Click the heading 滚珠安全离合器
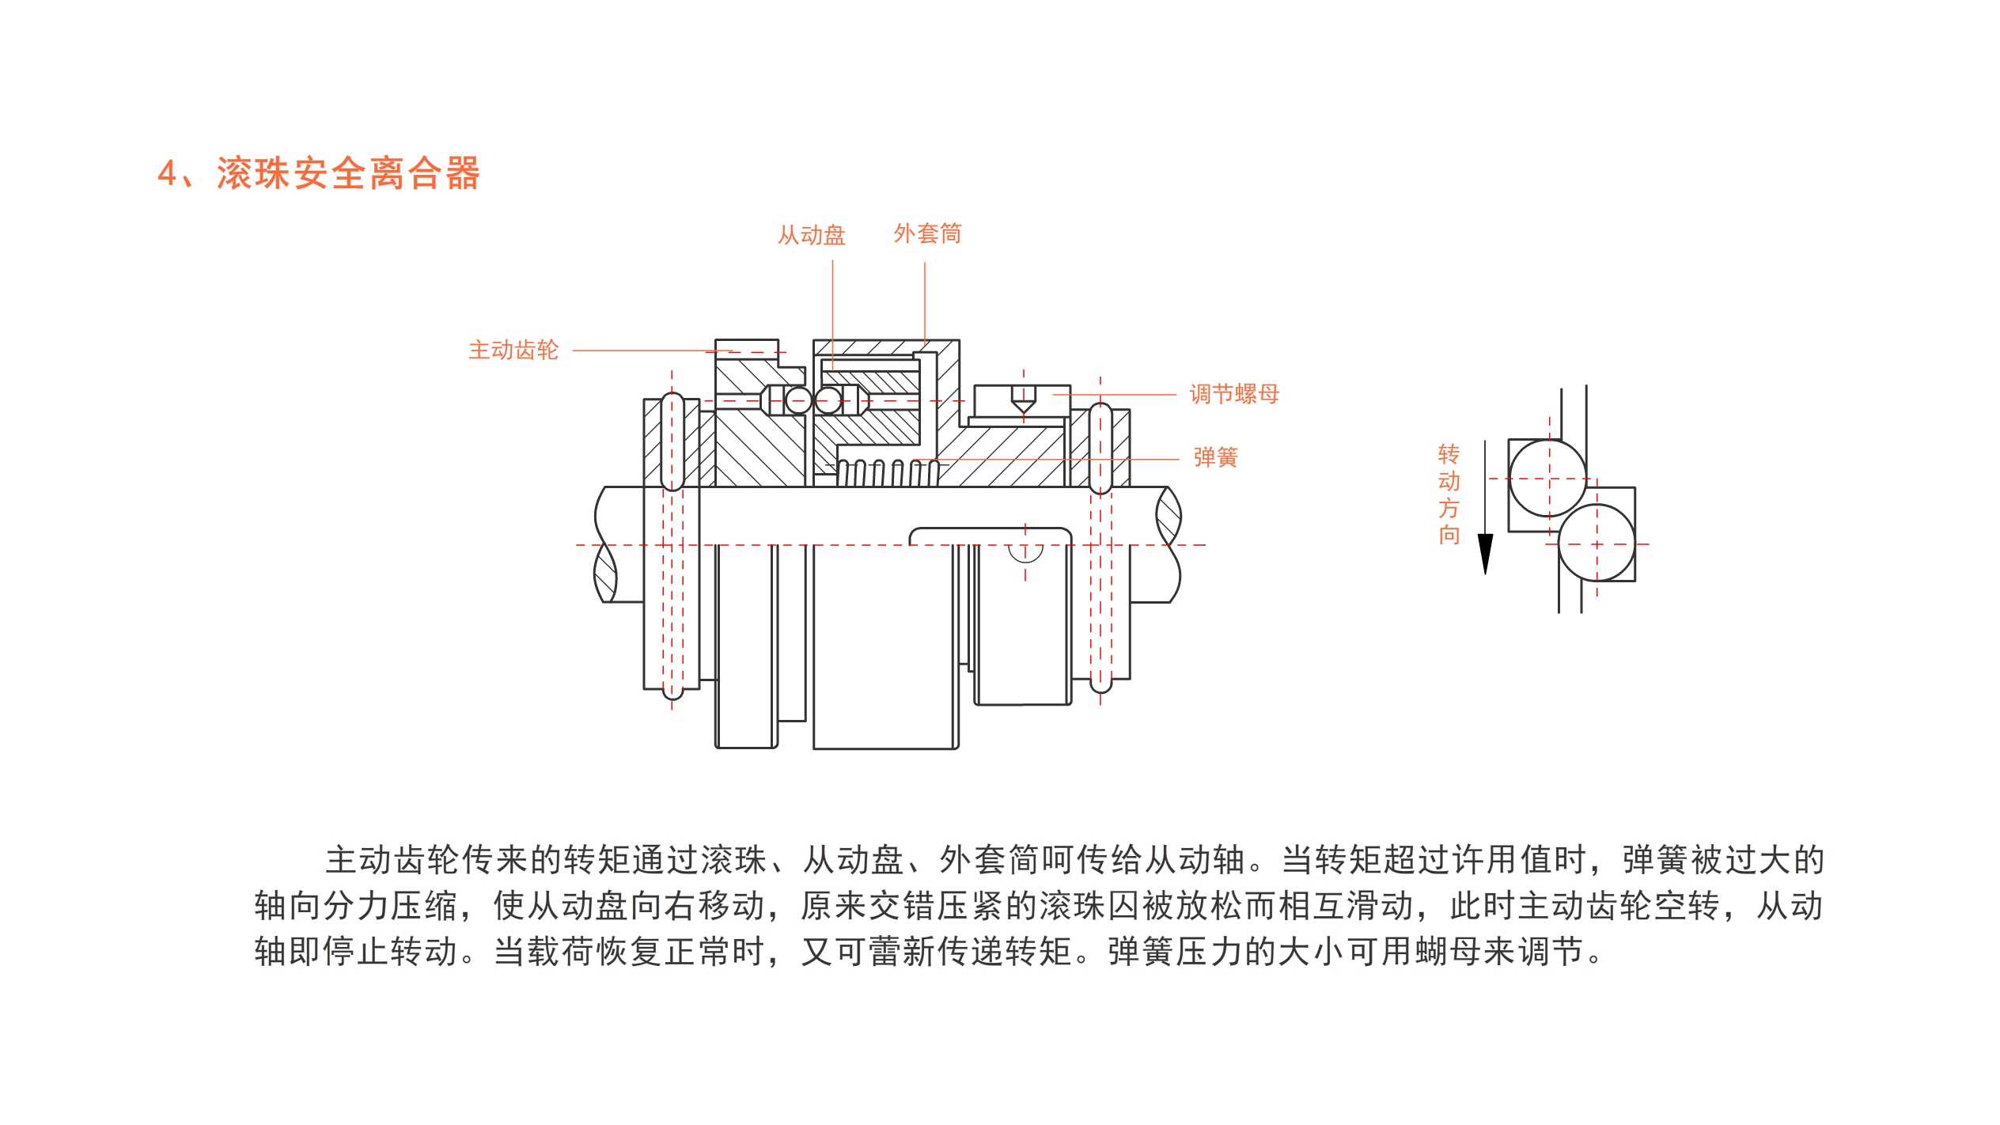coord(348,173)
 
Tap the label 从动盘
coord(811,235)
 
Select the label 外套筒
coord(927,233)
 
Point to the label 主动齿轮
coord(513,350)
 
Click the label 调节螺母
coord(1234,394)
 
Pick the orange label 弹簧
coord(1215,457)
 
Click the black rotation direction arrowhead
coord(1485,553)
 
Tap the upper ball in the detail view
coord(1547,478)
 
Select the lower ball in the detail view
coord(1597,544)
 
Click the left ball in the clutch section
coord(797,400)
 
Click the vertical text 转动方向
coord(1449,494)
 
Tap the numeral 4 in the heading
coord(167,173)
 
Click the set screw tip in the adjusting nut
coord(1023,406)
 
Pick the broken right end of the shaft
coord(1169,544)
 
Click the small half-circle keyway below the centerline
coord(1025,552)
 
